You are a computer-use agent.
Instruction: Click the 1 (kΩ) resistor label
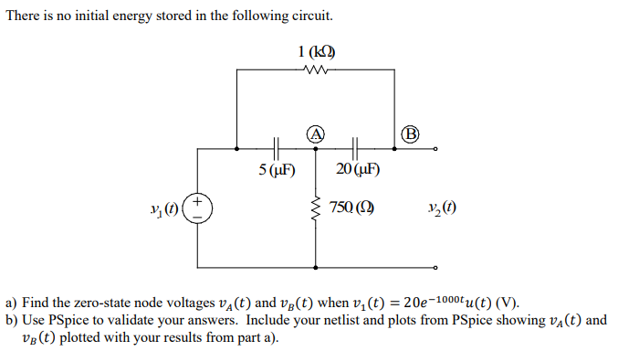click(315, 51)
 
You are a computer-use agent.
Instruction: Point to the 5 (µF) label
click(276, 170)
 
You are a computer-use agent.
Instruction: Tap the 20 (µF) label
click(358, 170)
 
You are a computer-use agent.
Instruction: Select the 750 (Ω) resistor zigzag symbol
click(316, 209)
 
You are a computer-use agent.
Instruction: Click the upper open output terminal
click(436, 148)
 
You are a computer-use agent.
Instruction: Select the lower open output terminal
click(436, 268)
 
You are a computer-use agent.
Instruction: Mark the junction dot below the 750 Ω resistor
click(316, 268)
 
